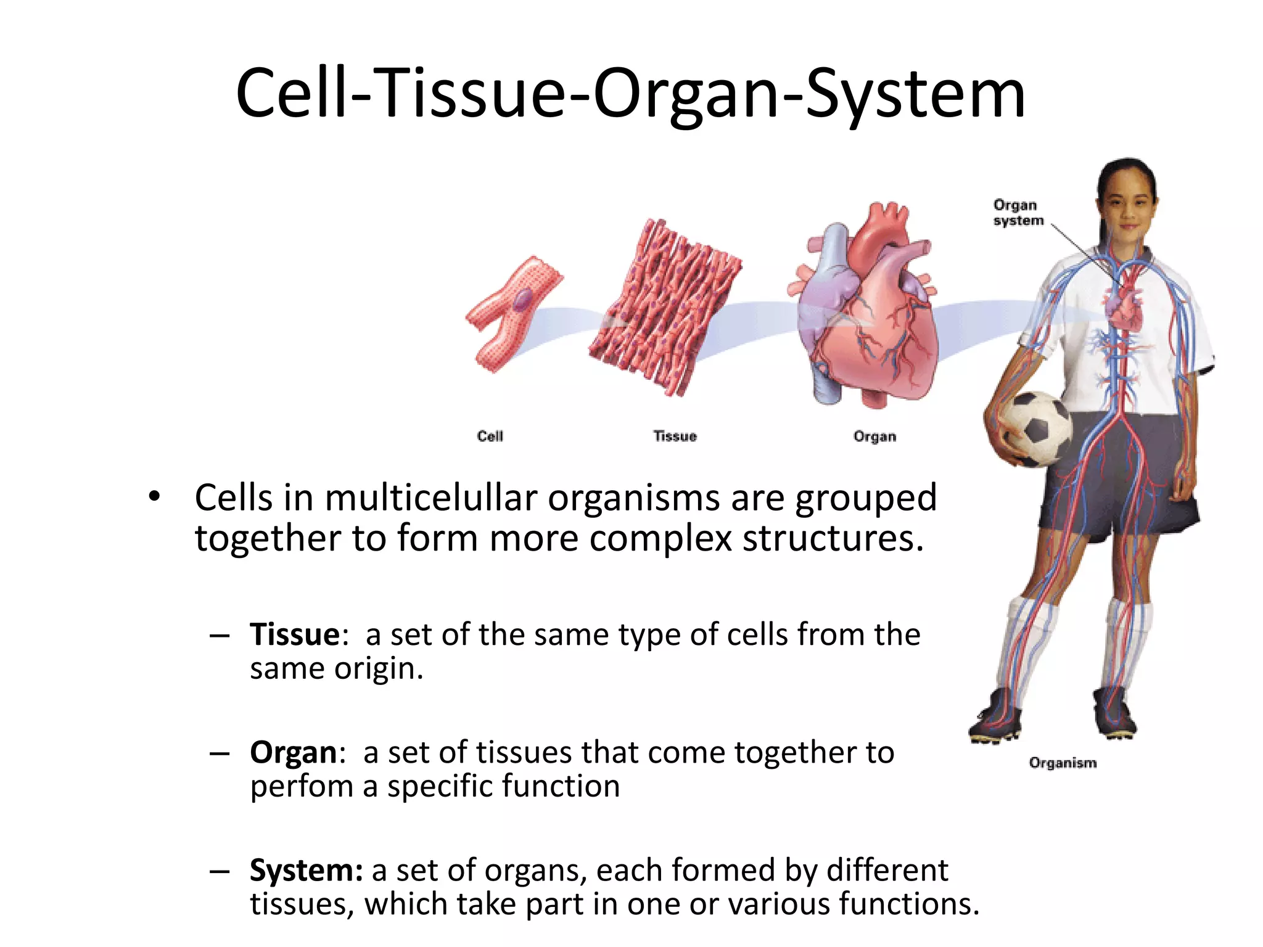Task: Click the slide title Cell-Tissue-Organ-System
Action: point(630,94)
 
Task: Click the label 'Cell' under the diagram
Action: point(490,437)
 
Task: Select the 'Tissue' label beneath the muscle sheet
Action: point(675,437)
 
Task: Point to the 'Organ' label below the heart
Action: point(874,437)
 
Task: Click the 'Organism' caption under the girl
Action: point(1063,763)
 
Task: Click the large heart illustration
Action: point(866,308)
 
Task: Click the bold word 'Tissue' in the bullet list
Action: point(295,634)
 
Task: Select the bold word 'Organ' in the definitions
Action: point(293,753)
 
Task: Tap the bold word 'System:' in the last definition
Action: point(306,871)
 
